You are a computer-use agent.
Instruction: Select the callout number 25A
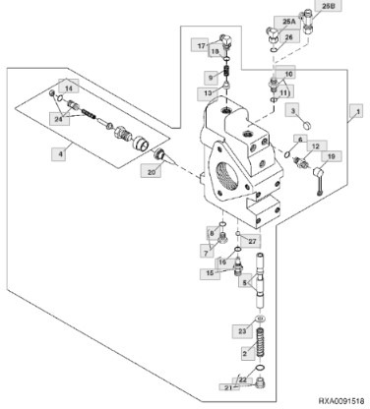288,21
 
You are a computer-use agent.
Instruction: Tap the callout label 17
200,45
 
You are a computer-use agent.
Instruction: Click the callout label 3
292,111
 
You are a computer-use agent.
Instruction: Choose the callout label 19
331,155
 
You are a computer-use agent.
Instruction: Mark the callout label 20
151,171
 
